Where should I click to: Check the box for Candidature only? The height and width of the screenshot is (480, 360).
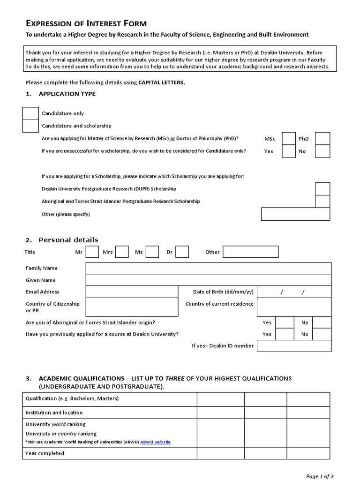[x=30, y=113]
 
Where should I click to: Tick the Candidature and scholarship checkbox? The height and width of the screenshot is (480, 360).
[x=30, y=126]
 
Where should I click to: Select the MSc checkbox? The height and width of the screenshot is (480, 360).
[x=289, y=139]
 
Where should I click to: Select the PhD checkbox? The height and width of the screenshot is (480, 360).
[x=322, y=139]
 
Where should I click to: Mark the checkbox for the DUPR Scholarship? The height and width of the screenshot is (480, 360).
[x=322, y=189]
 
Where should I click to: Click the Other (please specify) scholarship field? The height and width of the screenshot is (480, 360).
[x=295, y=214]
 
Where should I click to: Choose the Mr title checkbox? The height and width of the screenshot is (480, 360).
[x=92, y=252]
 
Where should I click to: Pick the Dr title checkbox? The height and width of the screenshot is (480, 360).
[x=182, y=252]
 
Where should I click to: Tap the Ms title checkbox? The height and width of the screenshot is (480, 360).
[x=152, y=252]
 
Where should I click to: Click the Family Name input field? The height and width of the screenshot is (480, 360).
[x=208, y=269]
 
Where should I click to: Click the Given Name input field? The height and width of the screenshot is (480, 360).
[x=208, y=280]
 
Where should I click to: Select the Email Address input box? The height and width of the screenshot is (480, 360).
[x=132, y=292]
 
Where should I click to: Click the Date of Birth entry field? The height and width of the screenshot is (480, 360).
[x=293, y=292]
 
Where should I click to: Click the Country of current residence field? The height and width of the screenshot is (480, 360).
[x=293, y=307]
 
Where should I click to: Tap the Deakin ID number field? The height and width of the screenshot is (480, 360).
[x=293, y=346]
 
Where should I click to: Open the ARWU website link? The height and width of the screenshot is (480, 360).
[x=155, y=442]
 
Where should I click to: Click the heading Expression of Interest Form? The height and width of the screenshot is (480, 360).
[x=86, y=23]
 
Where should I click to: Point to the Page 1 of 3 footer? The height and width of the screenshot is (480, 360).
[x=320, y=476]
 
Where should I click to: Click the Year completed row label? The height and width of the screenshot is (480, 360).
[x=45, y=453]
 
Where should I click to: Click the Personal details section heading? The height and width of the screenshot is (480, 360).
[x=68, y=240]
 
